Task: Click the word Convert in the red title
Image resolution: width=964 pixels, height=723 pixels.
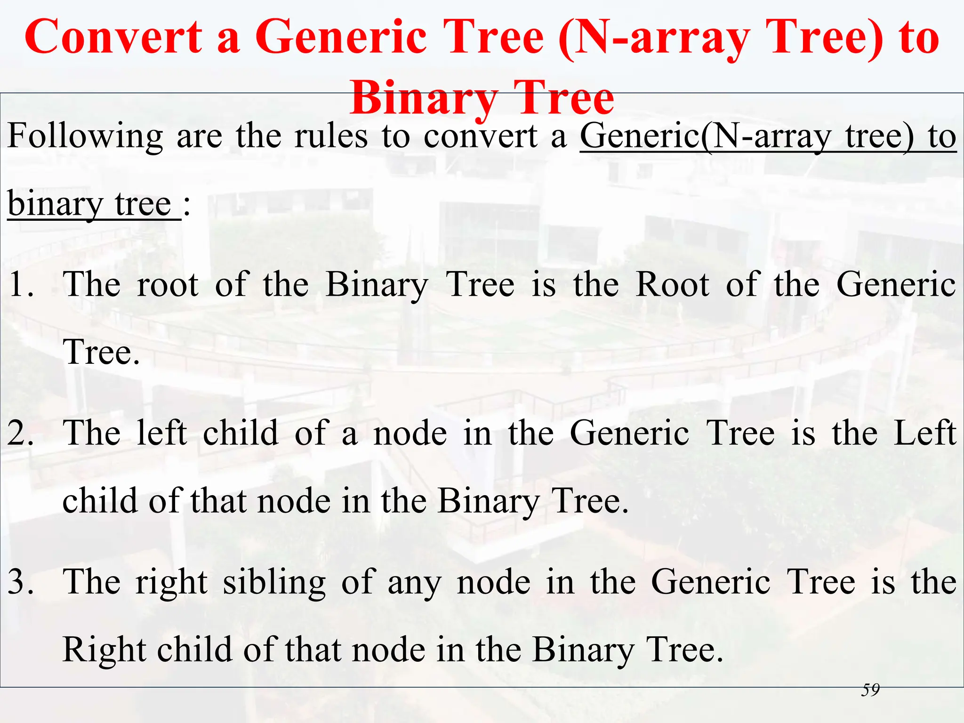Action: (x=113, y=38)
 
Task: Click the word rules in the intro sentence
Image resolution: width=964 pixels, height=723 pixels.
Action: (x=331, y=137)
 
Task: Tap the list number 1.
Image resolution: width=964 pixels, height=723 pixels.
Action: (x=21, y=285)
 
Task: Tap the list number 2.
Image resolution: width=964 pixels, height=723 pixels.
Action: (x=21, y=434)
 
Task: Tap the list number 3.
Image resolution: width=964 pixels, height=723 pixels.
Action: (x=21, y=582)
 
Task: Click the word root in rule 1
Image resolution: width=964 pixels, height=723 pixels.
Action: (x=167, y=285)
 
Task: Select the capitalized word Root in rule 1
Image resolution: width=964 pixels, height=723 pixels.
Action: (x=672, y=285)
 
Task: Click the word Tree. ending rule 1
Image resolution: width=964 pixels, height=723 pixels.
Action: (x=101, y=353)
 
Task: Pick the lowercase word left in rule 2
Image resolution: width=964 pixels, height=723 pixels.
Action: (x=161, y=434)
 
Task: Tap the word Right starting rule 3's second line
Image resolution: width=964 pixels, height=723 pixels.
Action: (x=104, y=650)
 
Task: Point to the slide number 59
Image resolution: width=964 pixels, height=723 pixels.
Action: (x=870, y=690)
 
